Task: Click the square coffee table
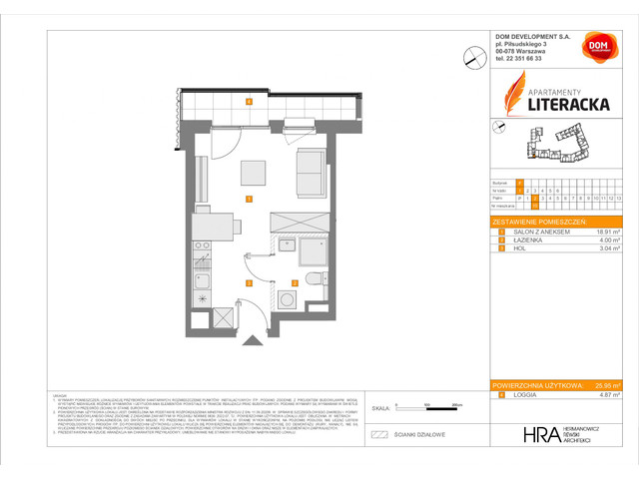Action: coord(251,173)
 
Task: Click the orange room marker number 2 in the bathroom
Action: coord(295,282)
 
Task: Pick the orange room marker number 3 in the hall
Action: coord(248,282)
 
